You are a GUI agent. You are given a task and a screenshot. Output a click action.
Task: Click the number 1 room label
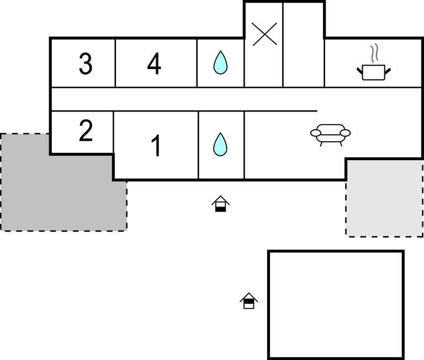tap(156, 146)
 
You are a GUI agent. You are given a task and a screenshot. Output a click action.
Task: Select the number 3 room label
tap(85, 64)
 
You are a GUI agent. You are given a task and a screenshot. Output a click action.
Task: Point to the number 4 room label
tap(154, 64)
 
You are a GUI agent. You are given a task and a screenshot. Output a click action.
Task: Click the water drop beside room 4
tap(220, 63)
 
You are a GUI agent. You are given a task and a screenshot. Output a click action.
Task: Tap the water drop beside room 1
tap(220, 144)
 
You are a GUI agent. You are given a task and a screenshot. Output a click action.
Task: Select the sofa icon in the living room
tap(331, 134)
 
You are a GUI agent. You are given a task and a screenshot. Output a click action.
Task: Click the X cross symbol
tap(264, 34)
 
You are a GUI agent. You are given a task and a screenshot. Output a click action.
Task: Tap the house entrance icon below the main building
tap(220, 204)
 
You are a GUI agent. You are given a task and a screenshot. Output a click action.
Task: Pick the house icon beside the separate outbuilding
tap(249, 301)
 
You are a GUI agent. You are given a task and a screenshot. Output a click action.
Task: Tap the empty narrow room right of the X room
tap(303, 44)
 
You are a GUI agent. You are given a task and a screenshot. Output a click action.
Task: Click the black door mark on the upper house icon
tap(220, 208)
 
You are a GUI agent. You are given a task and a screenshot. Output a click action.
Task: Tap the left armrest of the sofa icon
tap(315, 133)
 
